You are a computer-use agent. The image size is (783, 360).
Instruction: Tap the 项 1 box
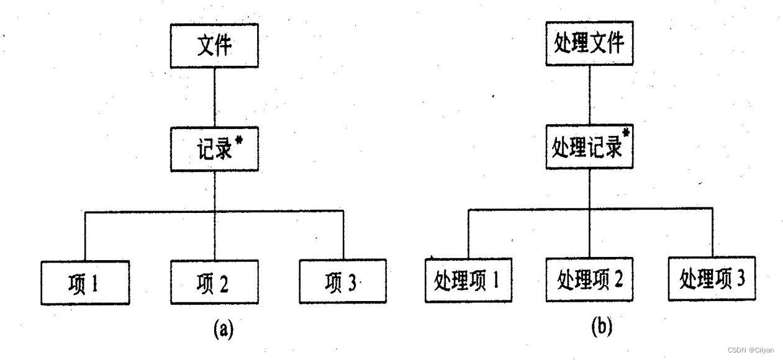tap(86, 282)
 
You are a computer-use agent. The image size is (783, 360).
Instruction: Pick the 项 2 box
tap(214, 282)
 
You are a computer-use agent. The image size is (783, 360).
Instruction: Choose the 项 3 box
tap(342, 282)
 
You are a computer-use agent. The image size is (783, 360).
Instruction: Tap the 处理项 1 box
tap(469, 281)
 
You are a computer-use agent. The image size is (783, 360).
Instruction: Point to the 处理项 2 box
tap(589, 280)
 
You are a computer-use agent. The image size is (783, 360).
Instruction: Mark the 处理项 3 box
tap(712, 279)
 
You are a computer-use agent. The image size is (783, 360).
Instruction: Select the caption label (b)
tap(601, 326)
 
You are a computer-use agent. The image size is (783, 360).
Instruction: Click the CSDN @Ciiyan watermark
tap(750, 350)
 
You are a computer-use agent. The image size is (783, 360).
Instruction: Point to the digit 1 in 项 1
tap(94, 283)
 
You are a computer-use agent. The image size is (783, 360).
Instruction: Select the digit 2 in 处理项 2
tap(617, 280)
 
